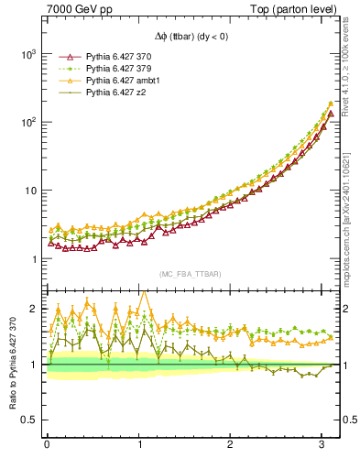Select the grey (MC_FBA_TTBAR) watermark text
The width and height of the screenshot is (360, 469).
[x=188, y=274]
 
